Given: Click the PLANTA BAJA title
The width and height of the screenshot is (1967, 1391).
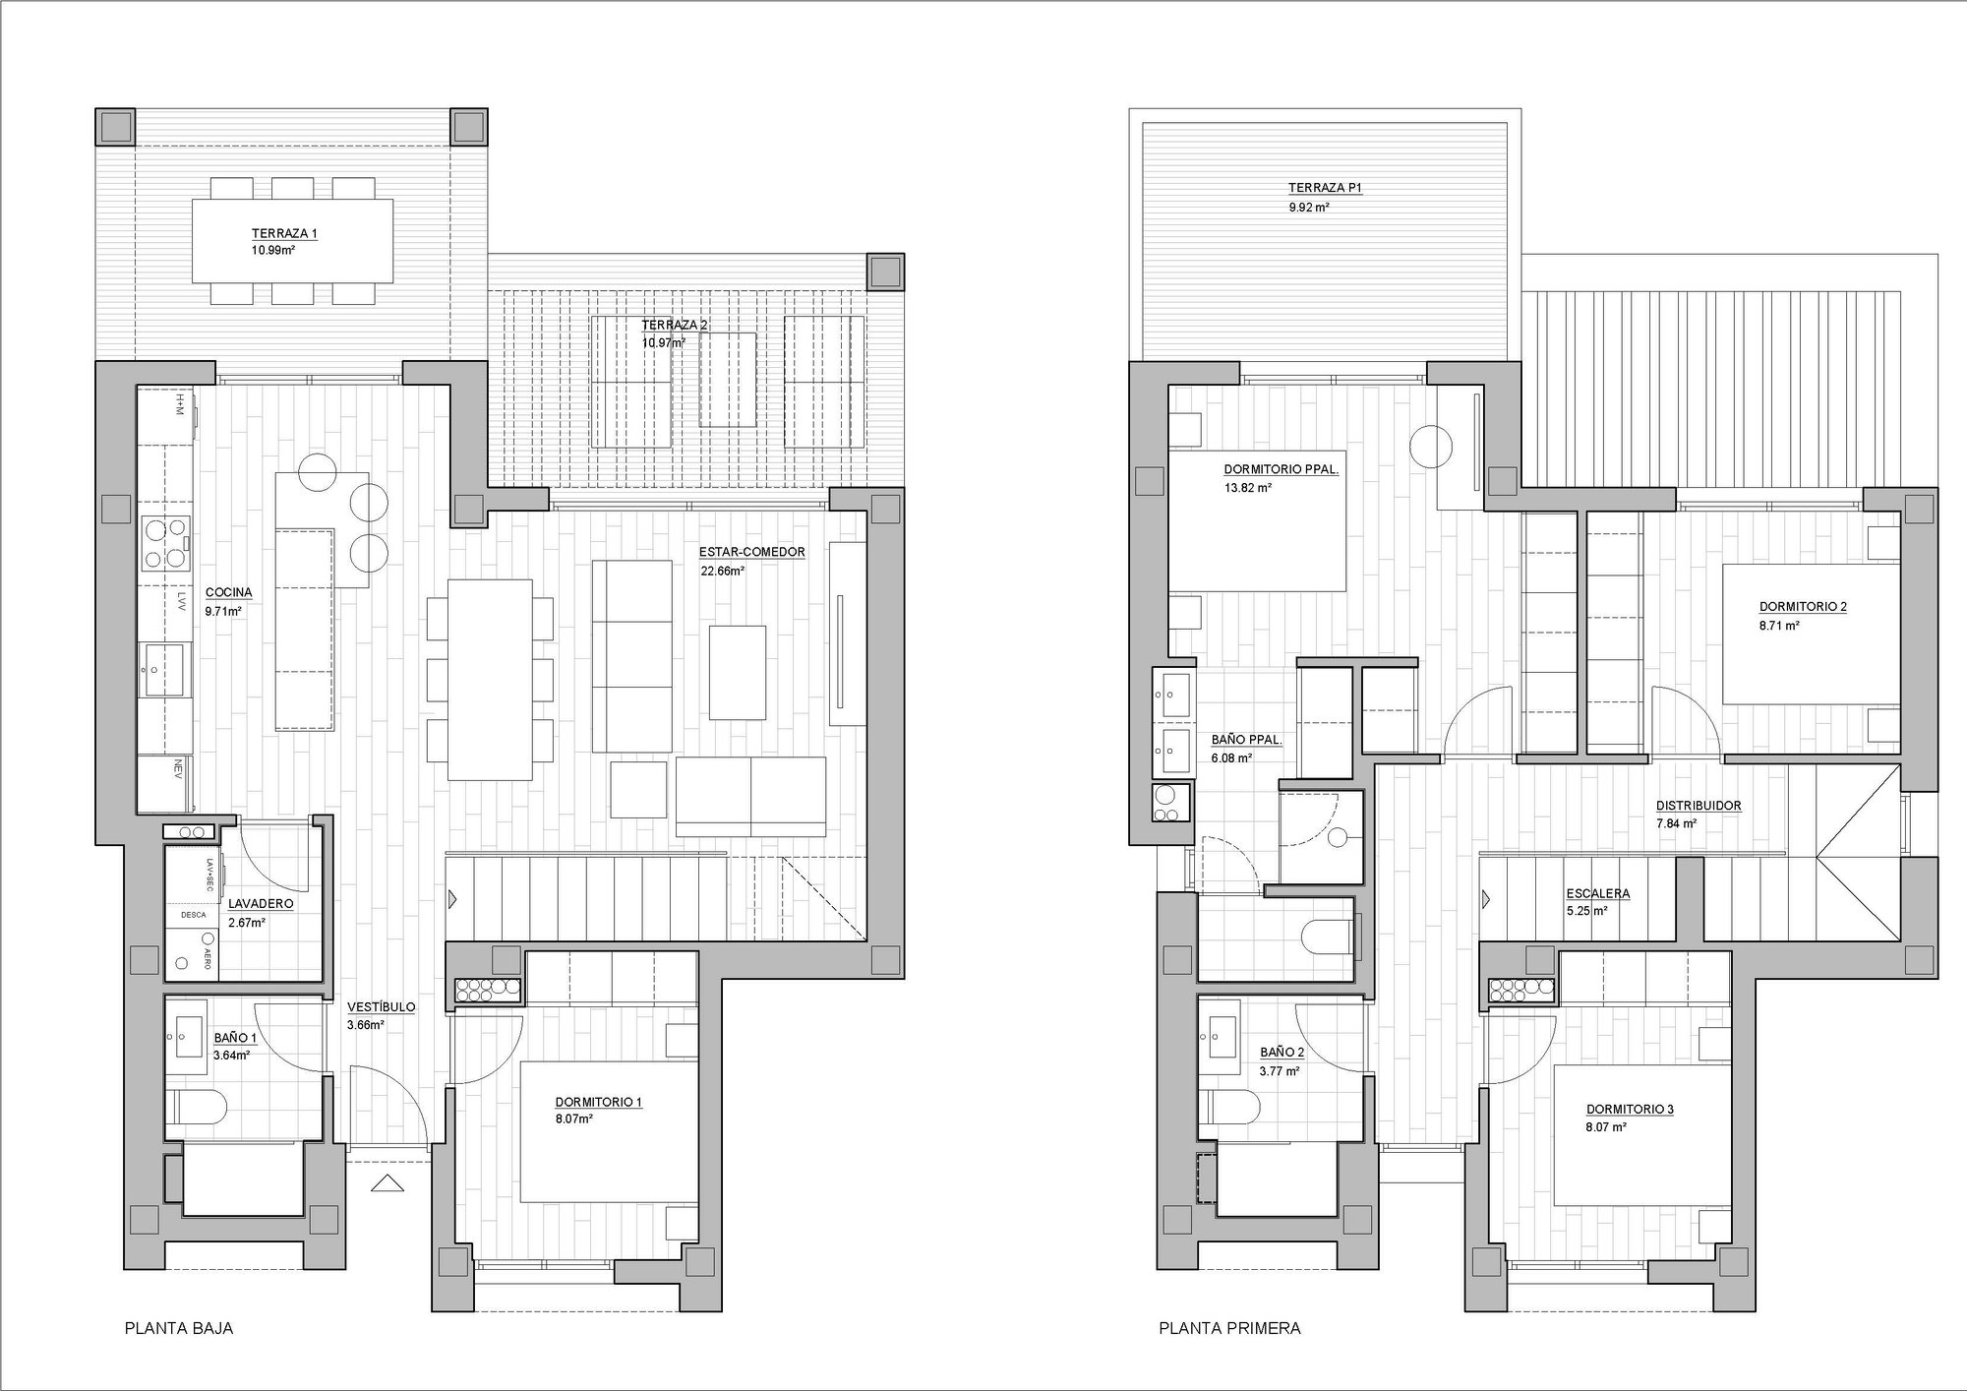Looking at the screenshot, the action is tap(179, 1328).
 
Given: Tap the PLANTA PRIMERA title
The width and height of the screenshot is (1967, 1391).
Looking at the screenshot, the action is tap(1229, 1328).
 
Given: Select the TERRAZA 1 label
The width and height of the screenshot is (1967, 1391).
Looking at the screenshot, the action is tap(284, 234).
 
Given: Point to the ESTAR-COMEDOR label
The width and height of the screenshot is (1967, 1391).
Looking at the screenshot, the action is tap(752, 552).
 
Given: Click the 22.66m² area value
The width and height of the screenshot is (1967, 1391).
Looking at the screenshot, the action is tap(722, 570).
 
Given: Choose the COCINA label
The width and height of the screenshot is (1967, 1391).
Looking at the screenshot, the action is tap(229, 592).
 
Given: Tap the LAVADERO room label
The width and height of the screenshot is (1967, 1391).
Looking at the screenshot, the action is tap(261, 903).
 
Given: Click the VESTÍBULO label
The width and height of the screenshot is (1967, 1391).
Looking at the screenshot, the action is tap(382, 1007).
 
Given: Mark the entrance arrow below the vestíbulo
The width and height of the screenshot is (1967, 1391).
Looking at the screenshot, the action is tap(387, 1183).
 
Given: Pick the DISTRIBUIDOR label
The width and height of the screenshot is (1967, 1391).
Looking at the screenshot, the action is tap(1699, 806).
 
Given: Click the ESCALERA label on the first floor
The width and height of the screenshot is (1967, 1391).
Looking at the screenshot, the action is tap(1598, 894).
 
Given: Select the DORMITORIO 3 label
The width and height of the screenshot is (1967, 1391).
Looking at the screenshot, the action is tap(1630, 1110).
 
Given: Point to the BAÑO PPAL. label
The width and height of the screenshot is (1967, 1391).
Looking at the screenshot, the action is tap(1246, 740).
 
